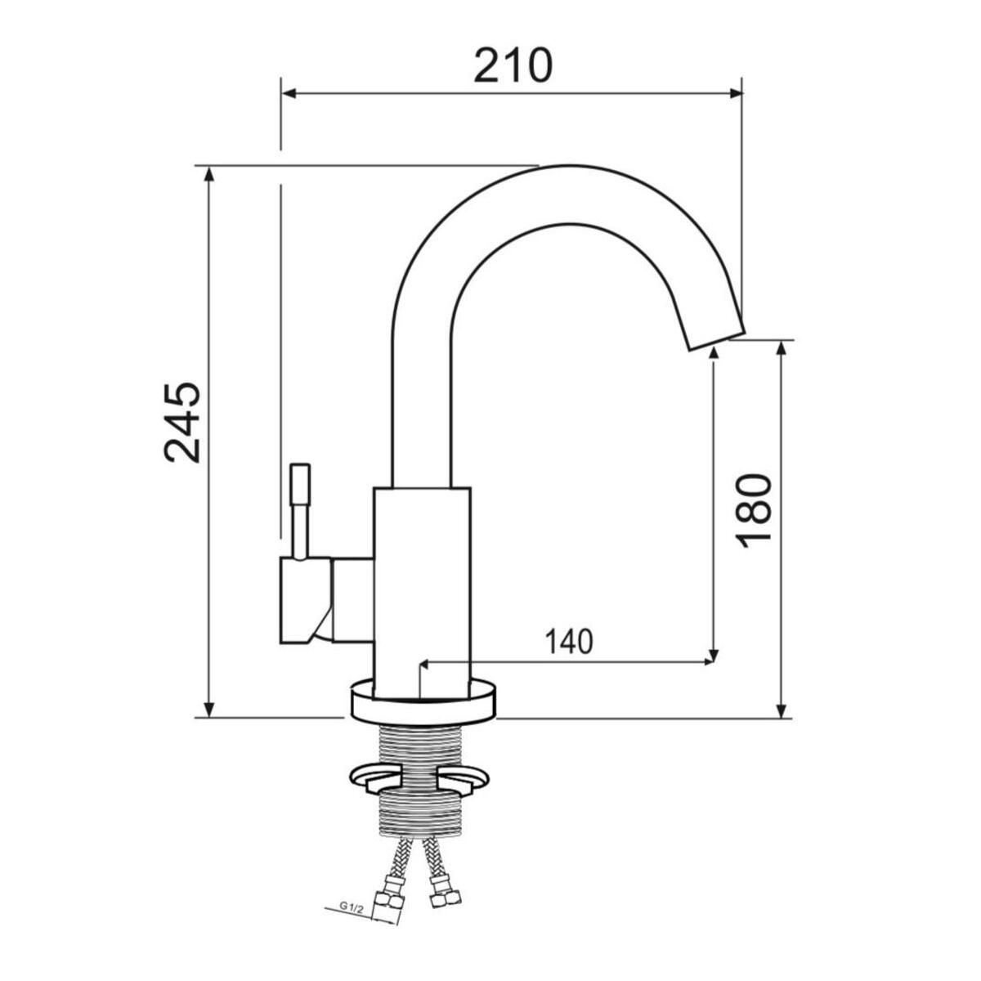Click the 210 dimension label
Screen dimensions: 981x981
tap(513, 65)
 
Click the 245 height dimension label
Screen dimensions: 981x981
tap(182, 422)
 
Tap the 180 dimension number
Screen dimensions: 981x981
tap(754, 511)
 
